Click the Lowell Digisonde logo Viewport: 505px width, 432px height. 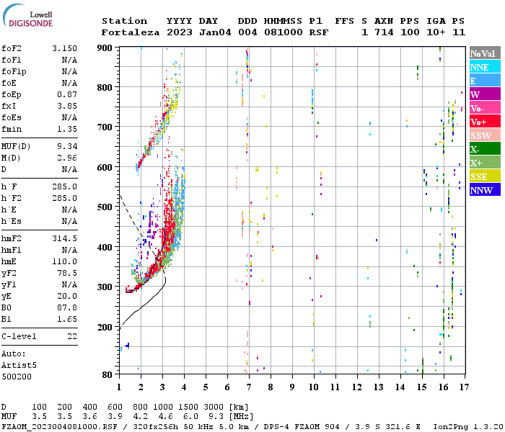pyautogui.click(x=27, y=16)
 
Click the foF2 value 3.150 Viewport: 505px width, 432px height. pyautogui.click(x=64, y=48)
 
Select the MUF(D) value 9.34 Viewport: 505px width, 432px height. pyautogui.click(x=67, y=146)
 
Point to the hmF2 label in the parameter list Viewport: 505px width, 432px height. pyautogui.click(x=12, y=238)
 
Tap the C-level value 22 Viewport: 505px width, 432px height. pyautogui.click(x=72, y=336)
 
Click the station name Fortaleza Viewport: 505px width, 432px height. pyautogui.click(x=131, y=32)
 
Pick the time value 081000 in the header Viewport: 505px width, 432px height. pyautogui.click(x=283, y=32)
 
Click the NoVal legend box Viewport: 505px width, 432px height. pyautogui.click(x=485, y=53)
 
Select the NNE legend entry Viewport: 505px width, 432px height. pyautogui.click(x=485, y=67)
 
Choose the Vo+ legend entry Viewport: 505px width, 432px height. pyautogui.click(x=485, y=122)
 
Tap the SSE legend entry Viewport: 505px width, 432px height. pyautogui.click(x=485, y=176)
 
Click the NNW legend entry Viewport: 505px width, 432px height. pyautogui.click(x=485, y=189)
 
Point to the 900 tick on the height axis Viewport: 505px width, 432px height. pyautogui.click(x=105, y=48)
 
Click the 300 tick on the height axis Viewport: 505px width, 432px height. pyautogui.click(x=105, y=287)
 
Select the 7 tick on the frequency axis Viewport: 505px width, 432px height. pyautogui.click(x=249, y=387)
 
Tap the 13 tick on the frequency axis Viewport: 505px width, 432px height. pyautogui.click(x=379, y=387)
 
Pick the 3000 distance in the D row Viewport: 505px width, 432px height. pyautogui.click(x=214, y=407)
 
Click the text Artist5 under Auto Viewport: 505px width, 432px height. pyautogui.click(x=19, y=366)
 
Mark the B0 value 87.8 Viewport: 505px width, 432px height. pyautogui.click(x=67, y=307)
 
